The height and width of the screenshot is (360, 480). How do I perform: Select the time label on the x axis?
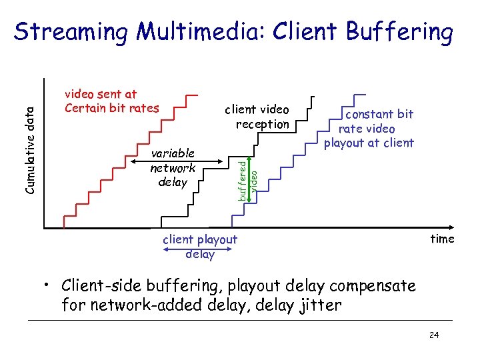click(x=442, y=239)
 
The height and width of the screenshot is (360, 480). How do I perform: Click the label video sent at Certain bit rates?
click(x=111, y=101)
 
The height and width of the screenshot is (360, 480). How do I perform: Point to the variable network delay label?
click(x=173, y=168)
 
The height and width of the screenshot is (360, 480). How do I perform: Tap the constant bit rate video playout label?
click(x=369, y=128)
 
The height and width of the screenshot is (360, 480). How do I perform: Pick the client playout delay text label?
click(x=200, y=246)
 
